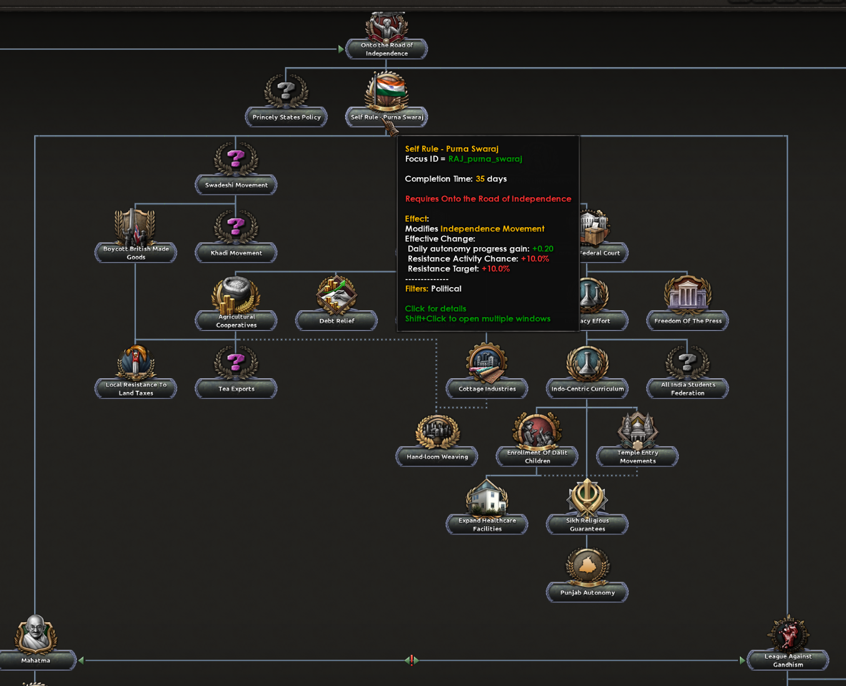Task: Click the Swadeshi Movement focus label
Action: click(236, 185)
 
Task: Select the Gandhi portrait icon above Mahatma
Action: click(36, 634)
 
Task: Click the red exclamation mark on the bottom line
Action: click(411, 660)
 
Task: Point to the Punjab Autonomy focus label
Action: click(587, 592)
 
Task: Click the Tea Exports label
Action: click(236, 389)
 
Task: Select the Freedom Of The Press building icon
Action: click(687, 295)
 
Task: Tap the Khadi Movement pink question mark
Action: click(235, 226)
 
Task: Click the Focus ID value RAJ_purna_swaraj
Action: click(485, 159)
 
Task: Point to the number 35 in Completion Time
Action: click(480, 179)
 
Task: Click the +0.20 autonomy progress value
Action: click(543, 248)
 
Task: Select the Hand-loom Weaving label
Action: click(437, 456)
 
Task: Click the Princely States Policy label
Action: click(287, 117)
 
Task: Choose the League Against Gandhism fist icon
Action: click(789, 634)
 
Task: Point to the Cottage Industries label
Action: click(487, 389)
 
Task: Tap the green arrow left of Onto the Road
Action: click(341, 49)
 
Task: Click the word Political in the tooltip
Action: click(446, 288)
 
